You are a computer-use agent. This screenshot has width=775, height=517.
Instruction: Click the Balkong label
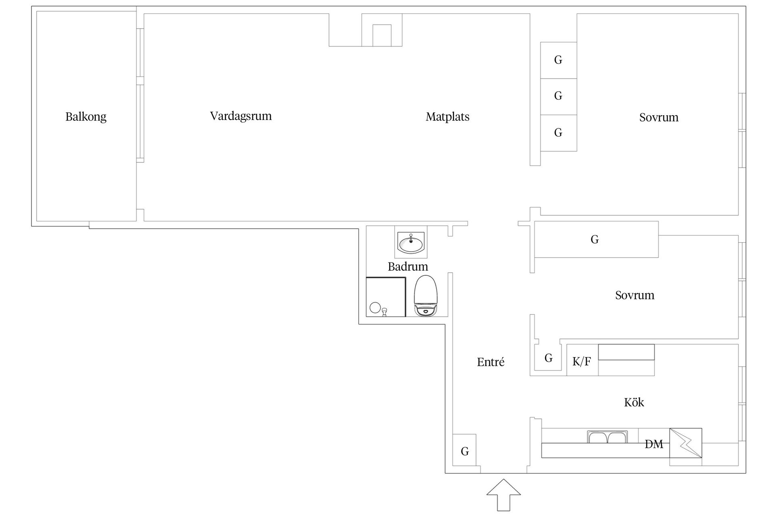[x=86, y=117]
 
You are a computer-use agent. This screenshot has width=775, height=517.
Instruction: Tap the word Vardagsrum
[x=241, y=116]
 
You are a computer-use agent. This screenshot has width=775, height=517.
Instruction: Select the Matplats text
[x=447, y=117]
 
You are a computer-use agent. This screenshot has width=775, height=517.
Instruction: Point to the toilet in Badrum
[x=426, y=296]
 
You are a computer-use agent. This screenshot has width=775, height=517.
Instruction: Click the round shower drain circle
[x=375, y=307]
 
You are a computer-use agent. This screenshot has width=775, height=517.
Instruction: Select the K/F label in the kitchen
[x=582, y=361]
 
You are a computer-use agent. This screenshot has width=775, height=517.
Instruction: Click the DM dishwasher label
[x=654, y=444]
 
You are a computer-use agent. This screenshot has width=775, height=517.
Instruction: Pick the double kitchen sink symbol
[x=607, y=437]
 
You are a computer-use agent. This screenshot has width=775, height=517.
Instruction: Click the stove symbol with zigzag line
[x=685, y=443]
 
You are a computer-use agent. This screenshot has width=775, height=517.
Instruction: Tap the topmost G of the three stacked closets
[x=558, y=60]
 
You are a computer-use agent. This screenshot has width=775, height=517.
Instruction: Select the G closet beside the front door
[x=465, y=452]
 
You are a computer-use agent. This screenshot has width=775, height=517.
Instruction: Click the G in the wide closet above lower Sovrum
[x=595, y=240]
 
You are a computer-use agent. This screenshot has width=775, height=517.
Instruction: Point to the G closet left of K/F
[x=548, y=358]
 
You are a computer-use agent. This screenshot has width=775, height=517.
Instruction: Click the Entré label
[x=490, y=362]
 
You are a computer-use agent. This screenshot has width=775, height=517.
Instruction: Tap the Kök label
[x=634, y=402]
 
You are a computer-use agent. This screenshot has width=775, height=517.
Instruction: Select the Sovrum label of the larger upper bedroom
[x=659, y=118]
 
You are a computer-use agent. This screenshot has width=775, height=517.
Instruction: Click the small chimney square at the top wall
[x=381, y=35]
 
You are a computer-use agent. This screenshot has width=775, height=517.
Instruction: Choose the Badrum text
[x=408, y=267]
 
